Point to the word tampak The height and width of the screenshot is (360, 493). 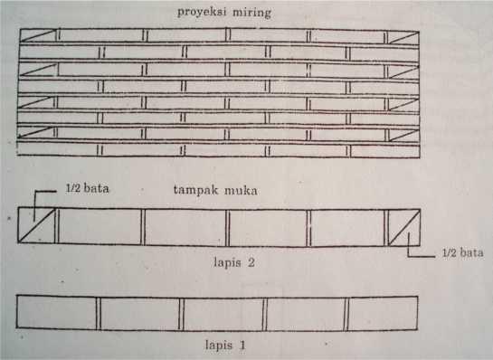(194, 191)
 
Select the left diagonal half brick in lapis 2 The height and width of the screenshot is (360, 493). (37, 227)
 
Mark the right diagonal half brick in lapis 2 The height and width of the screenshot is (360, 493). (403, 227)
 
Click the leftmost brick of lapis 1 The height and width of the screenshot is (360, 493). (57, 313)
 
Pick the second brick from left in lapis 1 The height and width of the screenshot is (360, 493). (138, 313)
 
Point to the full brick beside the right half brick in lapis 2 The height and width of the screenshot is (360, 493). (348, 227)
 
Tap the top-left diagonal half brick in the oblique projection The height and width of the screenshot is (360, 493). (38, 36)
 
